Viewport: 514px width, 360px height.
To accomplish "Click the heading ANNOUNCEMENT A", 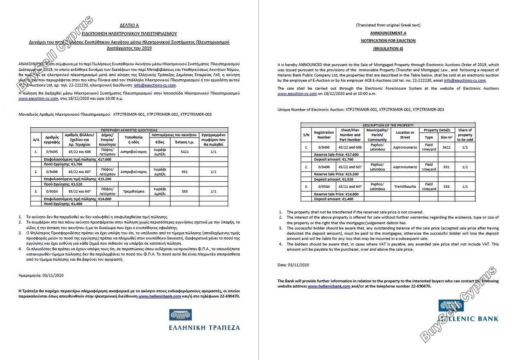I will [x=388, y=33].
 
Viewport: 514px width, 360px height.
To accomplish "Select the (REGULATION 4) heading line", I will [x=388, y=49].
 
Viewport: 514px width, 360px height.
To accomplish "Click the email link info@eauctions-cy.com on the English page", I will [x=465, y=80].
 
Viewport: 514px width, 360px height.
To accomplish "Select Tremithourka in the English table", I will [x=405, y=186].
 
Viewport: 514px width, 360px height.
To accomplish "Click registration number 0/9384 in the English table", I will [x=324, y=186].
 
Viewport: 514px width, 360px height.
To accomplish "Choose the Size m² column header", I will [x=446, y=137].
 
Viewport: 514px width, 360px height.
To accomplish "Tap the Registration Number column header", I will [x=324, y=135].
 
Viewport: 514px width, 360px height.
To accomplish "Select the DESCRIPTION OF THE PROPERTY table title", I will [x=388, y=125].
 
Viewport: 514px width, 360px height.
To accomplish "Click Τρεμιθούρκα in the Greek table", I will [x=133, y=191].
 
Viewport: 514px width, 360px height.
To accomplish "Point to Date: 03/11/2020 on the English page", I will [x=293, y=265].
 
